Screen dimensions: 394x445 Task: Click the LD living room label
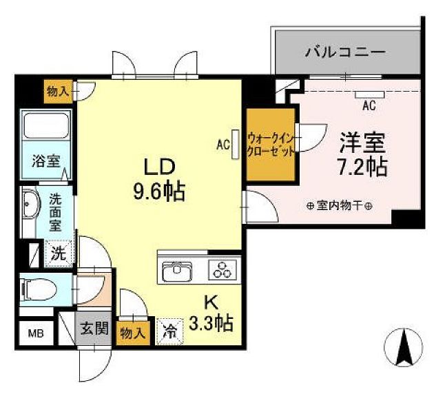click(160, 167)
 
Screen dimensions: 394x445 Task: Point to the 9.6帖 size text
click(159, 191)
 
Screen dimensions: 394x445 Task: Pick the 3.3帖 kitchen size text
click(211, 322)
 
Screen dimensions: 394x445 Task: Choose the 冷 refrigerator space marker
click(169, 331)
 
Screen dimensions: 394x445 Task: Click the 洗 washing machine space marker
click(59, 253)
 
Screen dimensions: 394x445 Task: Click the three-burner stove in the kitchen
click(222, 270)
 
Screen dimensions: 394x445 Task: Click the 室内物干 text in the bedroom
click(340, 205)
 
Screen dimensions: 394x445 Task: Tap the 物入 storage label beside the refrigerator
click(133, 333)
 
